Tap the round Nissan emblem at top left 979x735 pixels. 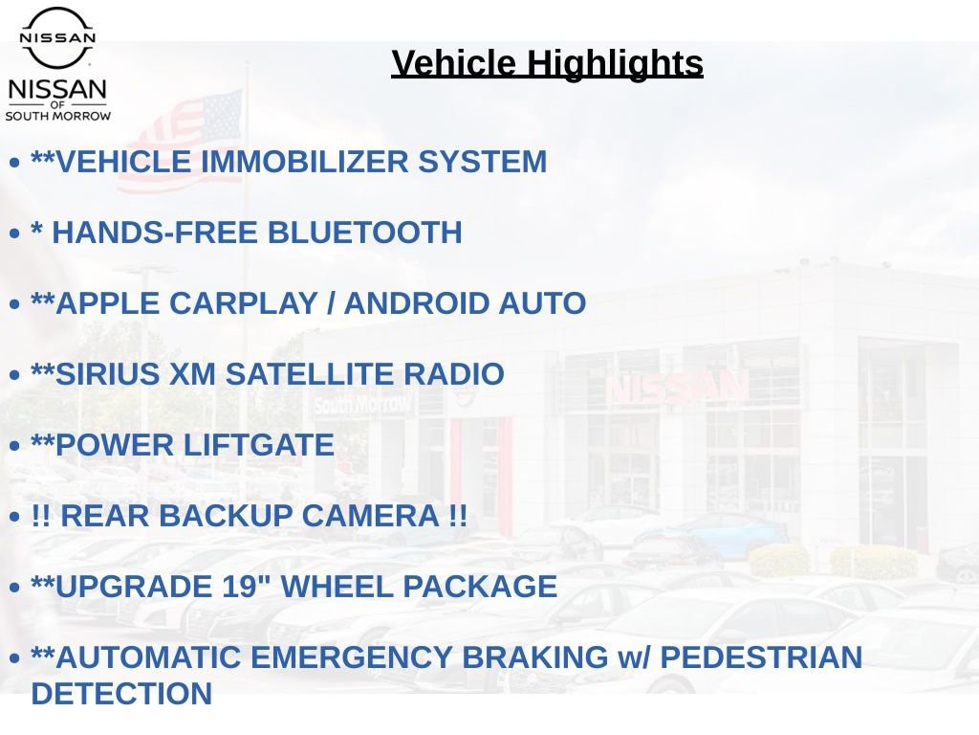pyautogui.click(x=57, y=37)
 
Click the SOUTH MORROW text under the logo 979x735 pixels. pyautogui.click(x=58, y=116)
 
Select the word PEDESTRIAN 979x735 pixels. pyautogui.click(x=761, y=657)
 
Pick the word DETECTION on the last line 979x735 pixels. pyautogui.click(x=121, y=693)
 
